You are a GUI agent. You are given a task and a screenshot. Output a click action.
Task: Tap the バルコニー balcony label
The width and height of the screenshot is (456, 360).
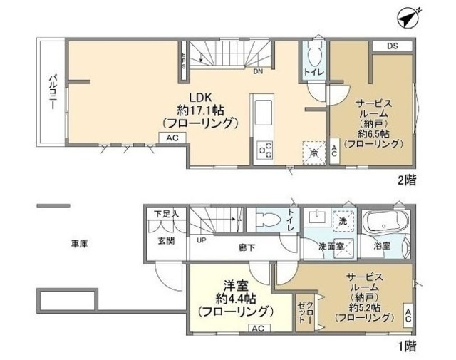53,91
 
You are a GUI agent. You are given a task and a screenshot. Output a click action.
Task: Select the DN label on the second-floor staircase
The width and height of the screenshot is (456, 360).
258,71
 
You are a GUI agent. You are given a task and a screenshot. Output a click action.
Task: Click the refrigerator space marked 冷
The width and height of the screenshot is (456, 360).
312,151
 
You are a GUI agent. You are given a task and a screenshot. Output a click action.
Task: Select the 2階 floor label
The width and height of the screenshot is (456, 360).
406,181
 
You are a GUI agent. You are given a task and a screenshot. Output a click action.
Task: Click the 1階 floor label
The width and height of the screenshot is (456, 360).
406,347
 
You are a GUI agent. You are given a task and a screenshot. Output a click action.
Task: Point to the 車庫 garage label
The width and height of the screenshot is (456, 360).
78,244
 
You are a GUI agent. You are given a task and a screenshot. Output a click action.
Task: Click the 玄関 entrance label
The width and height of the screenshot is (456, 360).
165,240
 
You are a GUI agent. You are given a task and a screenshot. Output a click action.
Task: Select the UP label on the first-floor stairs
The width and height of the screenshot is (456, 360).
202,240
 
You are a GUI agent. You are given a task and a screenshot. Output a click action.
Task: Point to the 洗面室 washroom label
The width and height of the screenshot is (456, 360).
331,246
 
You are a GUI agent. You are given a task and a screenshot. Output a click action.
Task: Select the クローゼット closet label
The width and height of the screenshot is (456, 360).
305,312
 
